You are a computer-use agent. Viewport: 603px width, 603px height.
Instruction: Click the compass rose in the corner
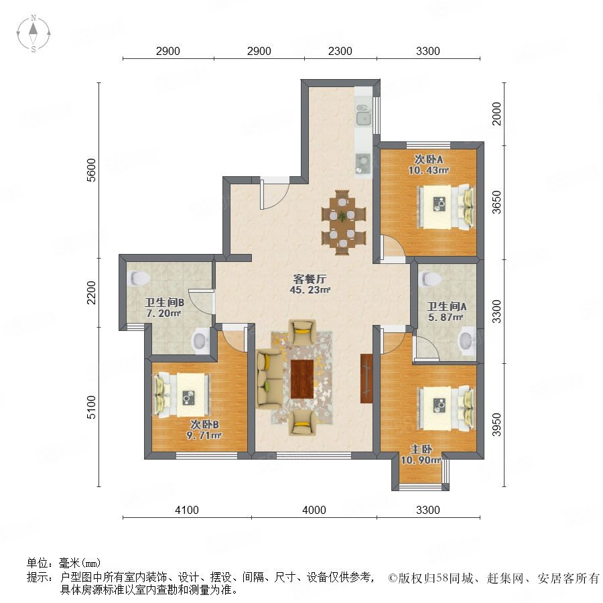(33, 33)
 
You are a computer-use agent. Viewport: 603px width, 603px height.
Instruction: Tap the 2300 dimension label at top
(340, 51)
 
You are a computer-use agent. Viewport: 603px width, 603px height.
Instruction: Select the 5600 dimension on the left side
(91, 170)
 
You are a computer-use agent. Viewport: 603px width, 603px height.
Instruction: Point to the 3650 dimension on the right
(497, 202)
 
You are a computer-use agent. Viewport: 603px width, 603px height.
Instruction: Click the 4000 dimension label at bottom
(314, 510)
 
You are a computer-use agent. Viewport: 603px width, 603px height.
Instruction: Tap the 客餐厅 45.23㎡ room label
(310, 284)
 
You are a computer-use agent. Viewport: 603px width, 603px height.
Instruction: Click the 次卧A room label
(429, 159)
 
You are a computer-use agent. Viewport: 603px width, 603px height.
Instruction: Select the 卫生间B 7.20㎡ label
(164, 308)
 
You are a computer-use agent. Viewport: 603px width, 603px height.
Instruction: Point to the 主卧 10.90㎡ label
(421, 454)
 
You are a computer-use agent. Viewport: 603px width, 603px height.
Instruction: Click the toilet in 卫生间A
(431, 279)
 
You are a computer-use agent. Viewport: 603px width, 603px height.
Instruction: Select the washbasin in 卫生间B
(200, 340)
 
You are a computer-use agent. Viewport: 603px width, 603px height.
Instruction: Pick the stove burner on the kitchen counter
(362, 163)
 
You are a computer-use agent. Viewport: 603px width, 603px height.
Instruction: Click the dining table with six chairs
(343, 222)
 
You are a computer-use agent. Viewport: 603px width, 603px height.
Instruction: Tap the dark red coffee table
(302, 379)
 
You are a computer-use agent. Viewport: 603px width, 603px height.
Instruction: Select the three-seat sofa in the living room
(269, 378)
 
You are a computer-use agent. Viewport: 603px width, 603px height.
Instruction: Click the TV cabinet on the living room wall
(366, 379)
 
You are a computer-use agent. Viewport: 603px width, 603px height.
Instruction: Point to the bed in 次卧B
(182, 395)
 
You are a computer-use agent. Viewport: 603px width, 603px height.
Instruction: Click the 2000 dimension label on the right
(497, 114)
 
